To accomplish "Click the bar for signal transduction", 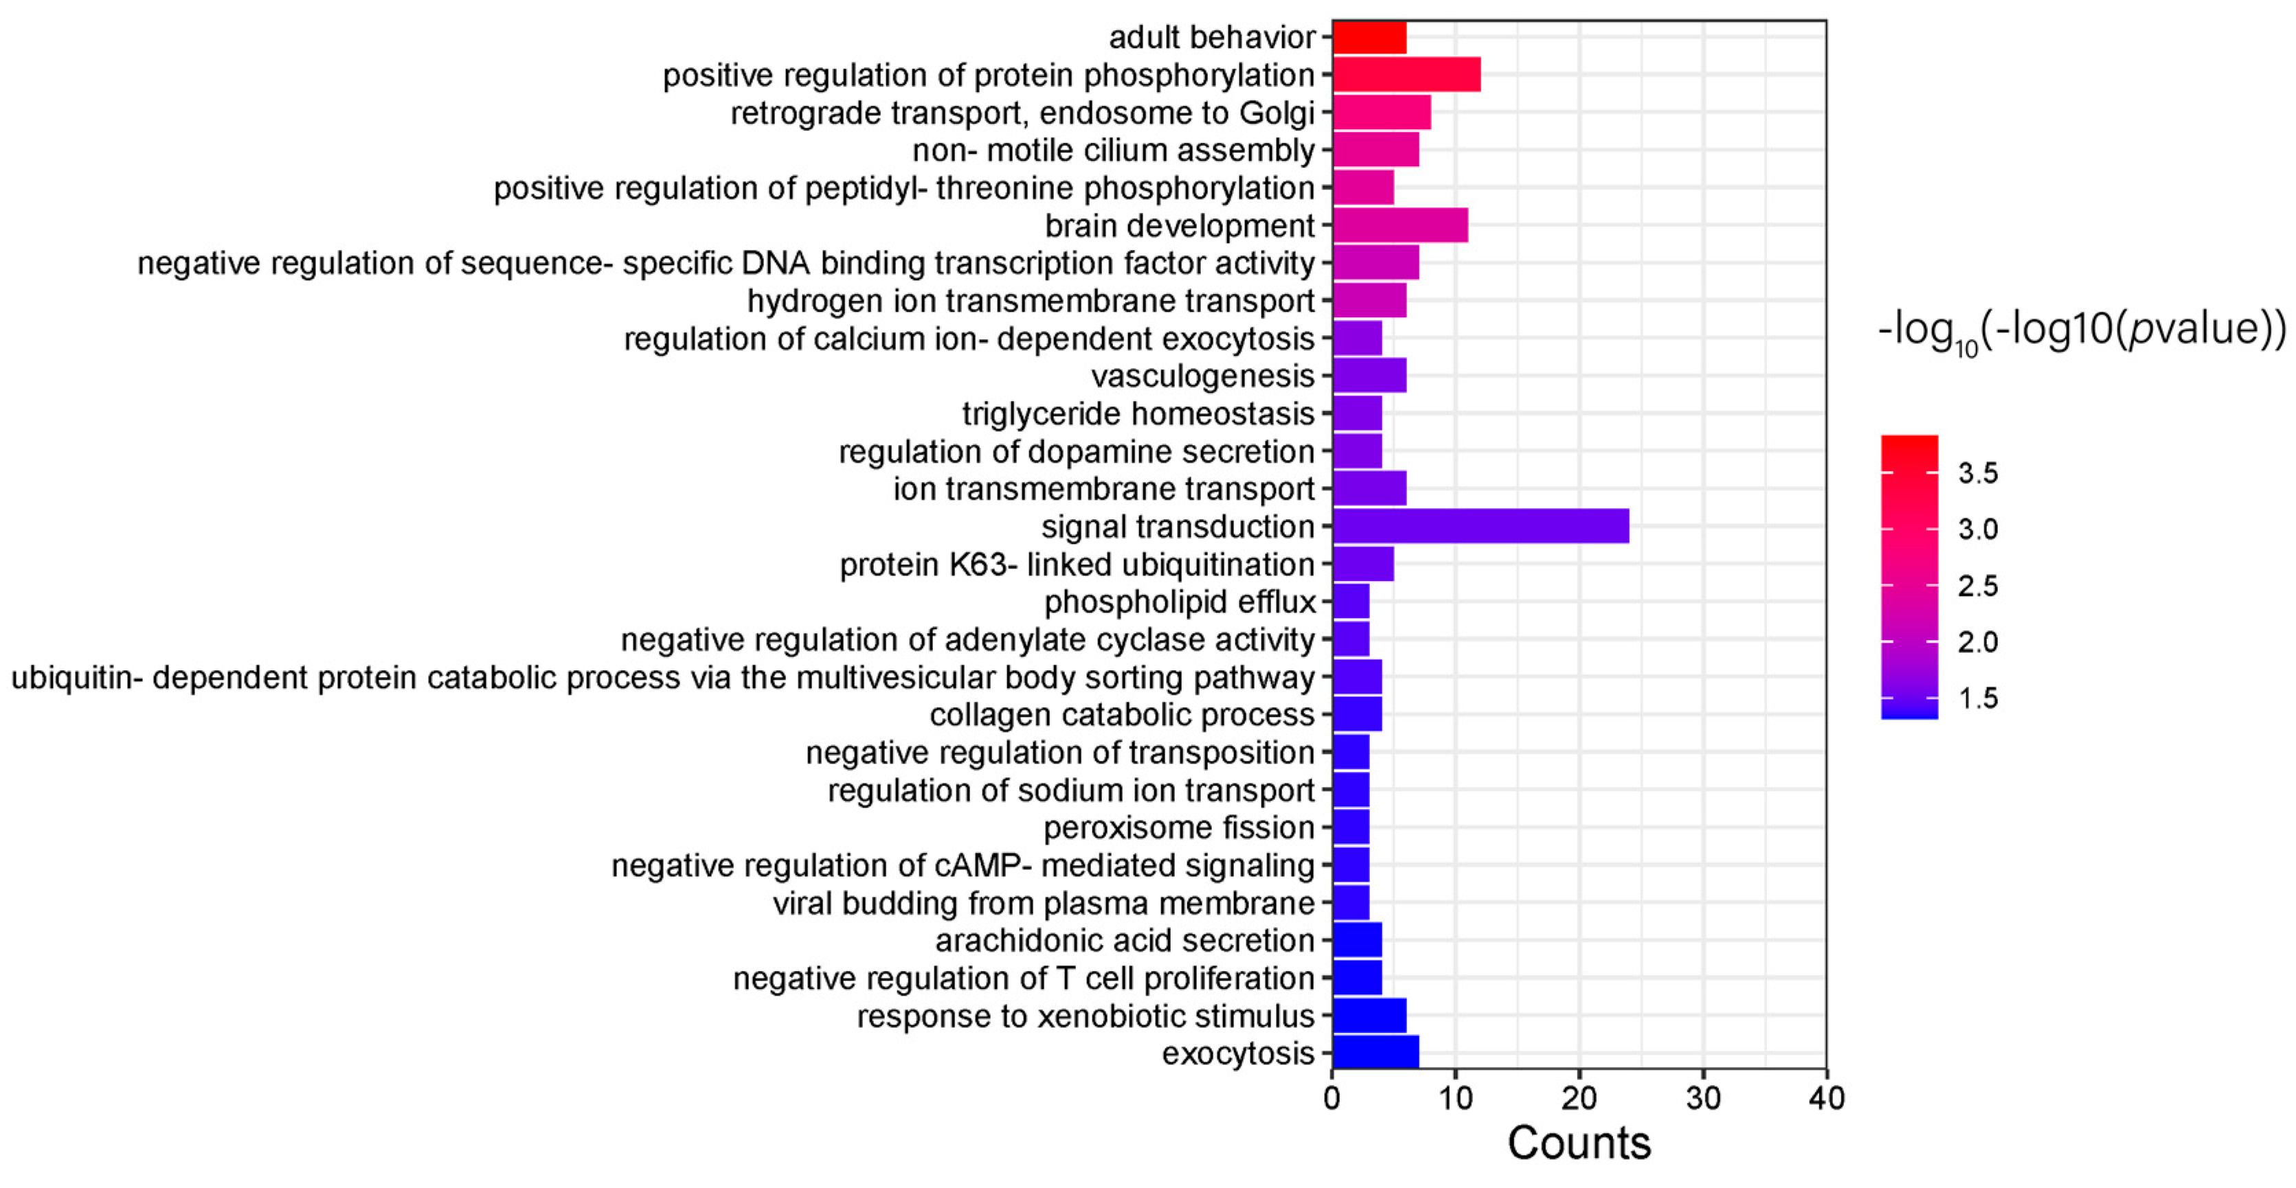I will (x=1480, y=526).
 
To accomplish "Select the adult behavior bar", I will (x=1369, y=38).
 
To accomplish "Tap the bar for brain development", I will (x=1399, y=225).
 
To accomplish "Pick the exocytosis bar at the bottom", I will (x=1375, y=1053).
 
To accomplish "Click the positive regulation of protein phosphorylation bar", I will (x=1406, y=75).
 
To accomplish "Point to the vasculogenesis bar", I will (x=1369, y=375).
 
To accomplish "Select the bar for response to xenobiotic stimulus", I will (x=1369, y=1015).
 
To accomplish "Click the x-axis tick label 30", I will (x=1702, y=1098).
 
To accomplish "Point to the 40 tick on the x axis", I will (x=1826, y=1098).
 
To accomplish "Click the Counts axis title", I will (x=1579, y=1143).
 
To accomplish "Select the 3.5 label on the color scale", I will (x=1978, y=473).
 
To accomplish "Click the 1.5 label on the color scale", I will (x=1978, y=698).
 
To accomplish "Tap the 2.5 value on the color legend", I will (x=1978, y=586).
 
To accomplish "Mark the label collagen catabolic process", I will (x=1121, y=715).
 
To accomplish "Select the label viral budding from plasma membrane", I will (x=1043, y=903).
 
